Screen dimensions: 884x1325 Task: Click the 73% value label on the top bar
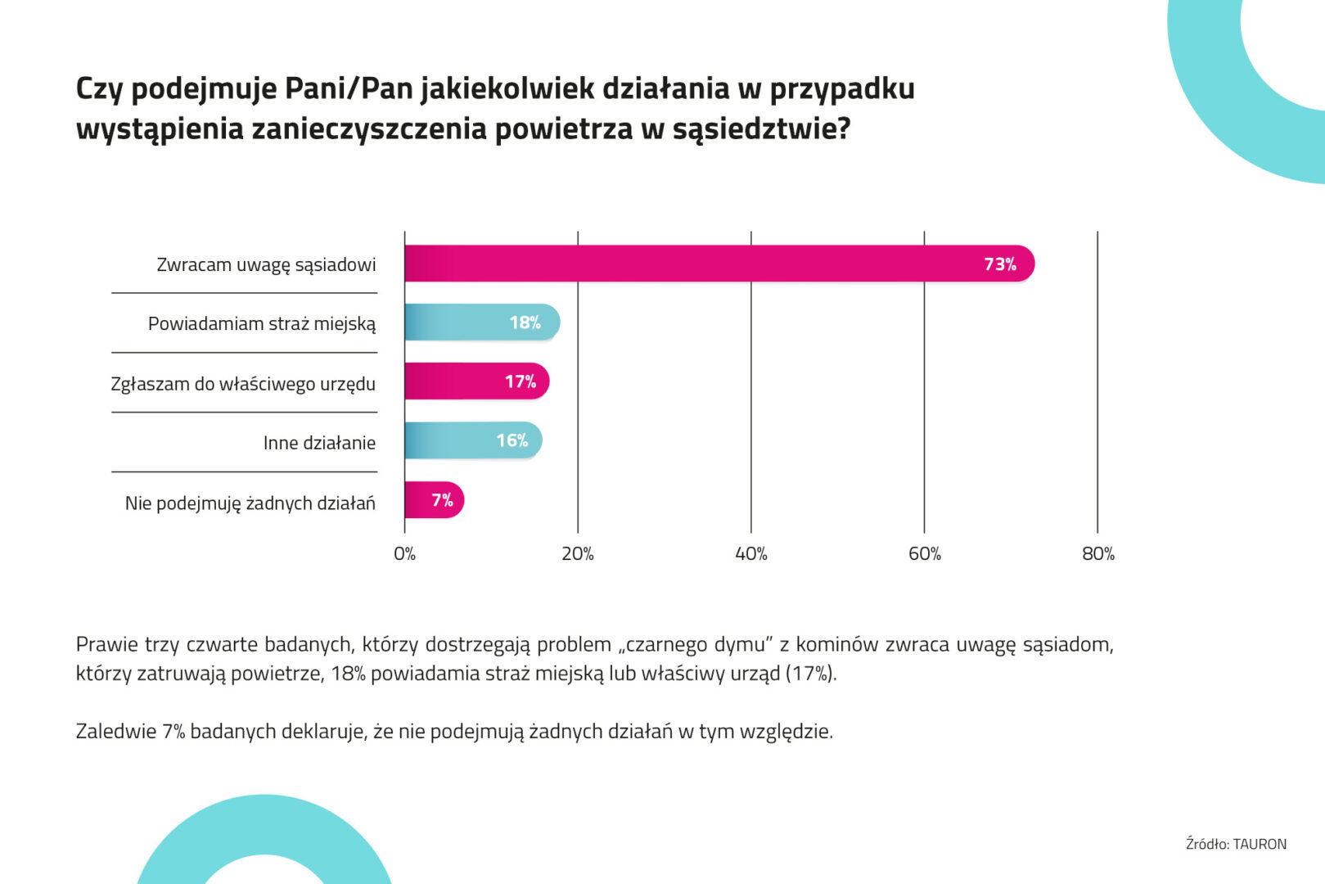coord(999,264)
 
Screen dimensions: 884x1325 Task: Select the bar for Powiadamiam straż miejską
coord(481,322)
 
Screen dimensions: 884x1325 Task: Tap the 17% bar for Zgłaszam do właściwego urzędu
coord(475,381)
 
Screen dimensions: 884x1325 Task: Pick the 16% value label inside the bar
coord(512,440)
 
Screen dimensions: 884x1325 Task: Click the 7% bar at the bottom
coord(434,500)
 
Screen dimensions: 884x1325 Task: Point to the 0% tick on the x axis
coord(404,554)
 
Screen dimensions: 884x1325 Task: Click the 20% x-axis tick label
coord(577,554)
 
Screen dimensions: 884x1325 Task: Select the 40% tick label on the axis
coord(750,554)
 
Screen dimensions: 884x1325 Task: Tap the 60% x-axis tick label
coord(924,554)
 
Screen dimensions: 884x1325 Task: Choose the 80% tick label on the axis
coord(1097,554)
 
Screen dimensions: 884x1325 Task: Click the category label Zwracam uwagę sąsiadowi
coord(266,265)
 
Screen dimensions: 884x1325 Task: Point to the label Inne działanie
coord(319,444)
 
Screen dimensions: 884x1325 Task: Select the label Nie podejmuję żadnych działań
coord(250,503)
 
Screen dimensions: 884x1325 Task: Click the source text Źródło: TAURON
coord(1236,844)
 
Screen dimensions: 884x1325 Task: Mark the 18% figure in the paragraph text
coord(348,674)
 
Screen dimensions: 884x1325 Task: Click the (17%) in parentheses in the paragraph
coord(810,674)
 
